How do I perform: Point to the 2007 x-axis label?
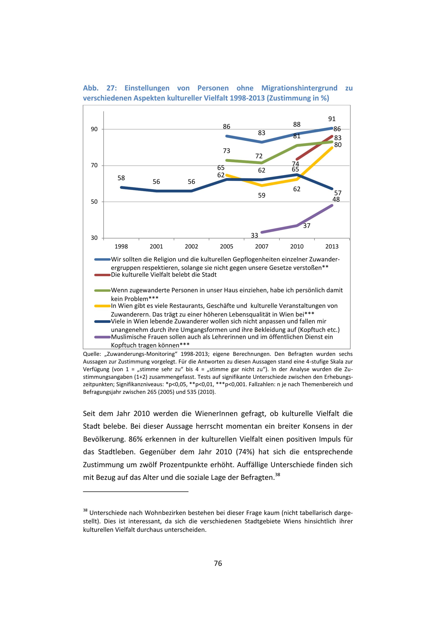click(x=262, y=246)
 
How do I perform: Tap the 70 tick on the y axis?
click(x=94, y=165)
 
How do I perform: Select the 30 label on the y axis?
click(x=94, y=238)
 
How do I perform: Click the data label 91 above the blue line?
click(x=332, y=119)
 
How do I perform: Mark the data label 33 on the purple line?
click(x=254, y=235)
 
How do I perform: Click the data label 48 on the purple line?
click(x=336, y=199)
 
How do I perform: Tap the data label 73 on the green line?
click(x=227, y=151)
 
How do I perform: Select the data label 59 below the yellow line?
click(x=262, y=195)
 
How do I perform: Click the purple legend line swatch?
click(x=102, y=337)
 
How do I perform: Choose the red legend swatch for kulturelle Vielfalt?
click(x=102, y=275)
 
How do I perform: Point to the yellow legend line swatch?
click(x=102, y=306)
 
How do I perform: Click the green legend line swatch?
click(x=102, y=290)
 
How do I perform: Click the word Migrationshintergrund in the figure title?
click(x=299, y=88)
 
